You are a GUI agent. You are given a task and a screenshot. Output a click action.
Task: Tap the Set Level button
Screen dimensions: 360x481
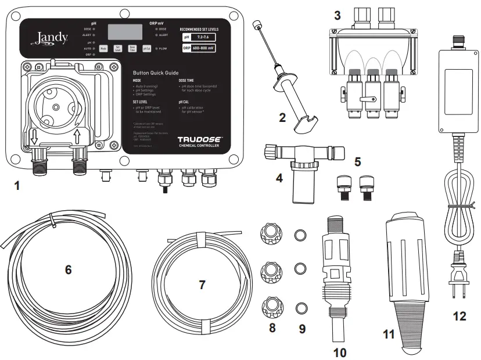point(118,49)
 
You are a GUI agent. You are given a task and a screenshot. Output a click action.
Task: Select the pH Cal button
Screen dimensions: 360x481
point(147,49)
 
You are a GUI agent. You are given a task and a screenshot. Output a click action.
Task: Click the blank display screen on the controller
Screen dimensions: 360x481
point(125,33)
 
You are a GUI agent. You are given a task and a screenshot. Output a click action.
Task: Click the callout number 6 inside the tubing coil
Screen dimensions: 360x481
point(68,269)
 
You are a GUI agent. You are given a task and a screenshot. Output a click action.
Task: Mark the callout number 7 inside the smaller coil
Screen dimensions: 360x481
point(202,285)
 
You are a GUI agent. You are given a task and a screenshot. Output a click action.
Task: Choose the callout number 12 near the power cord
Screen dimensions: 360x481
point(460,316)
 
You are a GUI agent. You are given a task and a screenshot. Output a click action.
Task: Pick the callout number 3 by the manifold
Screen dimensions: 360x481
point(338,14)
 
